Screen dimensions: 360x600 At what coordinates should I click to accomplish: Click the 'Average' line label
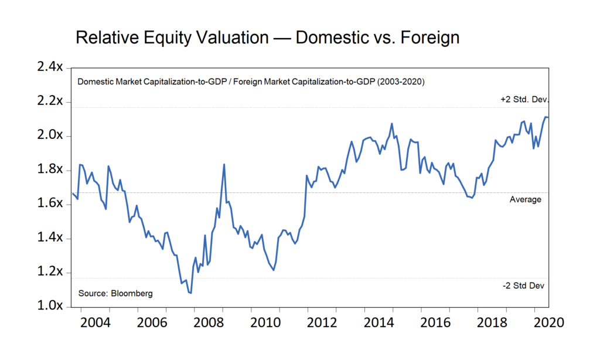tap(525, 199)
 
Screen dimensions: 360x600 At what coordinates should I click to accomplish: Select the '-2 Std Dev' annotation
tap(523, 286)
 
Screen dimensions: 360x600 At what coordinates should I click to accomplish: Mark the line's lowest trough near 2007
tap(191, 293)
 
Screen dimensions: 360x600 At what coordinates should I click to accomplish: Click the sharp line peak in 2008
tap(224, 164)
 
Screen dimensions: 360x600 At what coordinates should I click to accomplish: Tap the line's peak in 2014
tap(391, 124)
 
